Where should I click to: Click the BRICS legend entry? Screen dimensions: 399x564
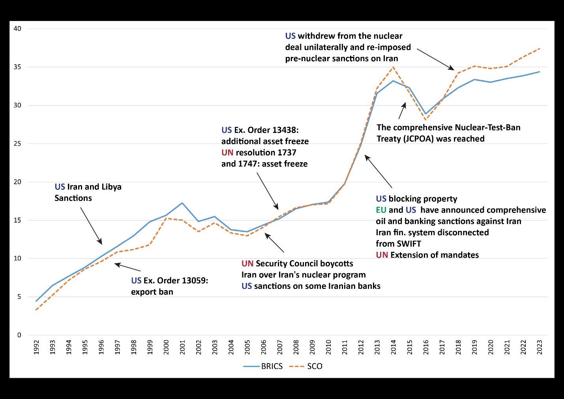[x=272, y=366]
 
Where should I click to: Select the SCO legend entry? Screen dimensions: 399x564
[x=314, y=366]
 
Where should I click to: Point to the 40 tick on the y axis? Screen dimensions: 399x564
[x=17, y=28]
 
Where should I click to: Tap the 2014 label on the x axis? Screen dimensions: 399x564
[x=393, y=347]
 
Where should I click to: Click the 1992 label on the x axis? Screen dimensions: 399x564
[x=36, y=347]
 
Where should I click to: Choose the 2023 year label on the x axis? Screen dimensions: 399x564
[x=540, y=347]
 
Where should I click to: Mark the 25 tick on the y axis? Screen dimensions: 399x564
[x=17, y=144]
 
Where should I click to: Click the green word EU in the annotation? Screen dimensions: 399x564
[x=381, y=210]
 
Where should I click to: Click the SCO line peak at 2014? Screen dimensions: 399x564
[x=393, y=67]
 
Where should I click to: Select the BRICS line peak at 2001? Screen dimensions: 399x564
[x=182, y=203]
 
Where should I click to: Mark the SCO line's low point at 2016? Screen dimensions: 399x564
[x=426, y=120]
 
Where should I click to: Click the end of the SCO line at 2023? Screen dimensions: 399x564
[x=540, y=49]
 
